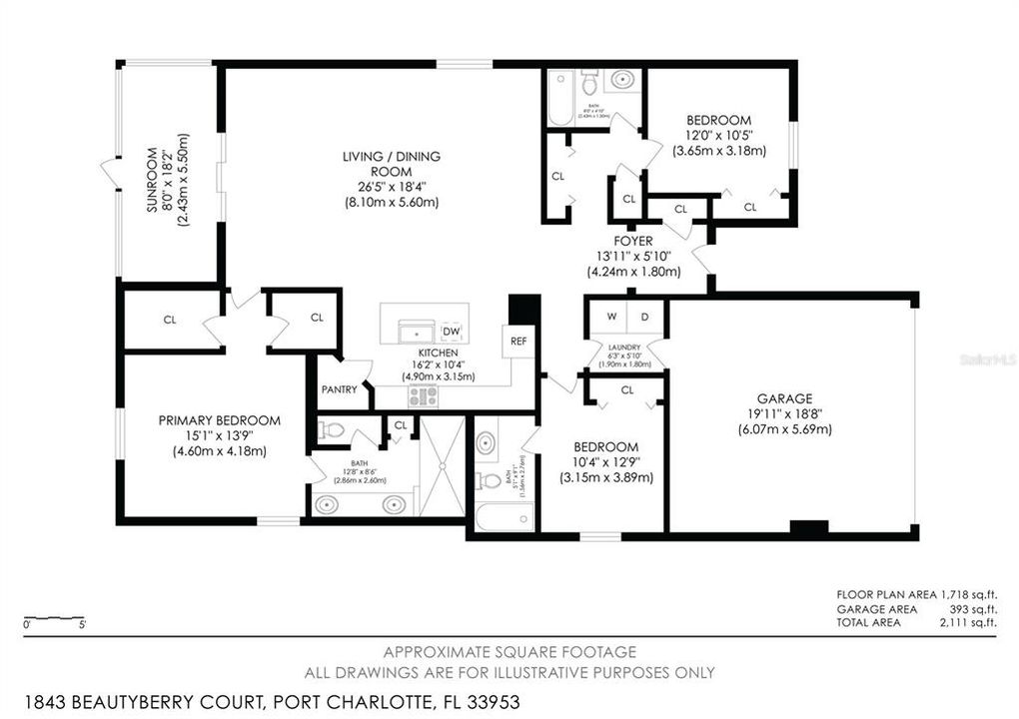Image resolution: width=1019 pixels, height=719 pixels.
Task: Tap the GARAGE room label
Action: click(x=784, y=397)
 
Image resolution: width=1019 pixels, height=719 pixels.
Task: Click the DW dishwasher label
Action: click(x=451, y=331)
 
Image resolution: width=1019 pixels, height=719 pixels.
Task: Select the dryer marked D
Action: click(x=644, y=318)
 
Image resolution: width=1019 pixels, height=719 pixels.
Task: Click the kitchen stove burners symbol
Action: click(x=423, y=395)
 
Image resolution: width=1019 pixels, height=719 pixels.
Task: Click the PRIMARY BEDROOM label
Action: click(x=219, y=420)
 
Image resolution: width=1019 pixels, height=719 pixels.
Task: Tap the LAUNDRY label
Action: click(x=625, y=347)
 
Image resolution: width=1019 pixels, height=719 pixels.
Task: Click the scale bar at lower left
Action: click(x=55, y=617)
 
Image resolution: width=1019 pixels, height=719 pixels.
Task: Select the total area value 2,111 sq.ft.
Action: click(x=968, y=622)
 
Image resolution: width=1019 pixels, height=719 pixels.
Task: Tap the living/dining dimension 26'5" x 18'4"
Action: click(x=391, y=186)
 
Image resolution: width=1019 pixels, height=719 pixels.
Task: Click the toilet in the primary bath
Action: click(x=331, y=430)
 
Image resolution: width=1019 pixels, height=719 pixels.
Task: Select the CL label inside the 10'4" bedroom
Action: click(x=627, y=389)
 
